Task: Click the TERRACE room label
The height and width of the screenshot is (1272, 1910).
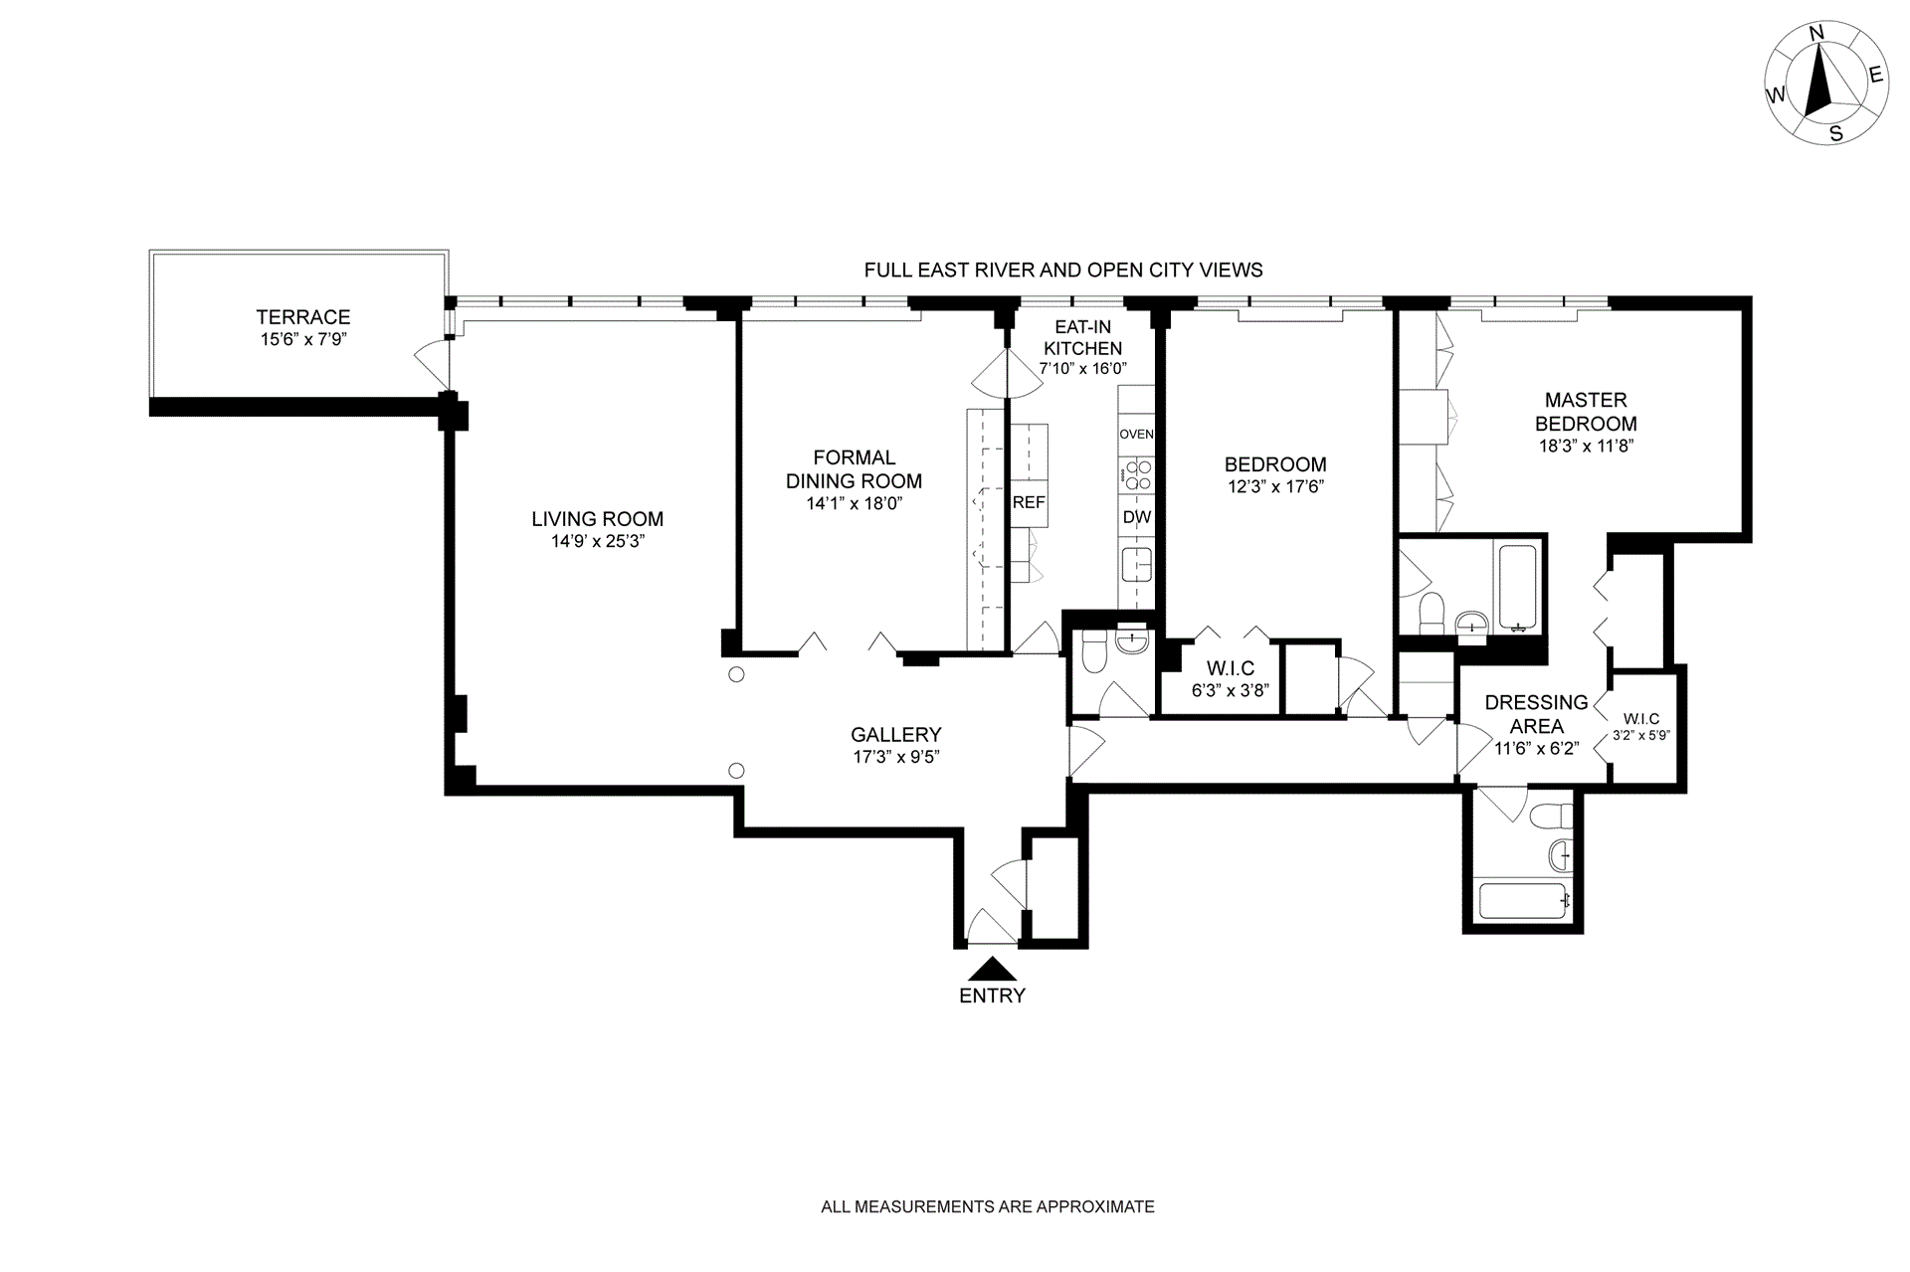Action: [x=303, y=317]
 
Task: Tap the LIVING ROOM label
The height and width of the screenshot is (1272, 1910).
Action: [x=597, y=518]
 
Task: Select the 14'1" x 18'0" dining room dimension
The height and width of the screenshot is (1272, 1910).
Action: [x=855, y=504]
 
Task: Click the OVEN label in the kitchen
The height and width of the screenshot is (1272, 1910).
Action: [x=1136, y=435]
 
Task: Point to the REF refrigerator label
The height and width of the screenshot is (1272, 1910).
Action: [x=1029, y=502]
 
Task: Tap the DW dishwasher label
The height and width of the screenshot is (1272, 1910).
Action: [x=1137, y=517]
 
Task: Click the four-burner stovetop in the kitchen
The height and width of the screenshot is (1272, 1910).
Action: [x=1137, y=475]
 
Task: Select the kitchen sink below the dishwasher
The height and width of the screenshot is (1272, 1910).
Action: [x=1136, y=564]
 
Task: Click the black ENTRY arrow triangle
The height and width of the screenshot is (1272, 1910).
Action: [x=992, y=969]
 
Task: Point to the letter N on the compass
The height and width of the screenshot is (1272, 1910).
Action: [x=1816, y=61]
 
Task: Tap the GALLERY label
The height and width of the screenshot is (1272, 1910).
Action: [x=896, y=734]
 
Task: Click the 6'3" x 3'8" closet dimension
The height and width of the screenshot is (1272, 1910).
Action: [x=1231, y=690]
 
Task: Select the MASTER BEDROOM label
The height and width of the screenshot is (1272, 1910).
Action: [x=1586, y=412]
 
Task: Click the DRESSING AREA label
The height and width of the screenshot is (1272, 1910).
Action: [x=1536, y=714]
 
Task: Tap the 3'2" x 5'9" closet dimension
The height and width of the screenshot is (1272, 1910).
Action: [x=1640, y=736]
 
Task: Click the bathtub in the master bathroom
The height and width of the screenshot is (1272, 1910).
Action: [x=1518, y=588]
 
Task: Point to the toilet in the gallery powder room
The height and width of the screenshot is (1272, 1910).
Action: [x=1093, y=652]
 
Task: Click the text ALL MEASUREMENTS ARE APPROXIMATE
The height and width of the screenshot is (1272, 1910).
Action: [x=988, y=1207]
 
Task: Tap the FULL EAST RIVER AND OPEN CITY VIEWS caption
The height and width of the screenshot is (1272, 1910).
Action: [x=1063, y=270]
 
